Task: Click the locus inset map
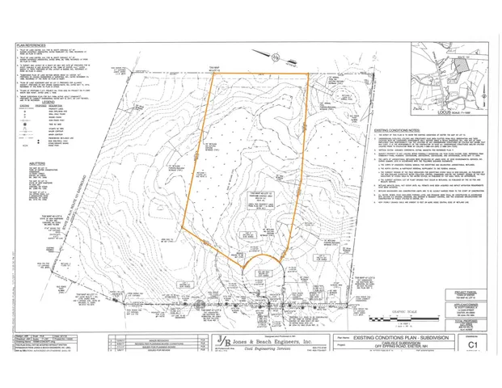point(449,77)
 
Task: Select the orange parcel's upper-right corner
point(309,74)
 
